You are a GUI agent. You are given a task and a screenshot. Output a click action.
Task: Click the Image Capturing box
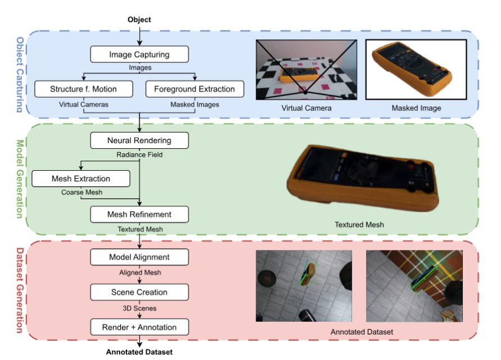point(139,54)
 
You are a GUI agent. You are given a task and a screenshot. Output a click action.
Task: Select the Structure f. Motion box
point(83,89)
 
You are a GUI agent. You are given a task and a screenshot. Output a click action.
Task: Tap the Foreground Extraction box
point(194,89)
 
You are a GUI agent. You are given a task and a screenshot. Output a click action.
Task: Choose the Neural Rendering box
point(139,140)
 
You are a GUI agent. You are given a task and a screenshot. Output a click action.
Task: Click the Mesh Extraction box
point(81,179)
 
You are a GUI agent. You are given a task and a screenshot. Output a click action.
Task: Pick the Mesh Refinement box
point(139,214)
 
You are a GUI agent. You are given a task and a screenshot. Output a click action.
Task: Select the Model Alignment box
point(139,257)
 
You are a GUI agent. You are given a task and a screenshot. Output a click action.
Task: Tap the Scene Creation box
point(139,292)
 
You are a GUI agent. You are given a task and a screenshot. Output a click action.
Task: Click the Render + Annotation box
point(139,327)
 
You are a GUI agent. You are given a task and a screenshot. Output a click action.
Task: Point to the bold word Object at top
point(139,20)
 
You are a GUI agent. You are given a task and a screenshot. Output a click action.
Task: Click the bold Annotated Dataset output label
point(139,352)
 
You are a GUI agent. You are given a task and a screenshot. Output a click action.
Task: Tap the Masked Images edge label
point(194,104)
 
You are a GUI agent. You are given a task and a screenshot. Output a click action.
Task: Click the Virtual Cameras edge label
point(83,104)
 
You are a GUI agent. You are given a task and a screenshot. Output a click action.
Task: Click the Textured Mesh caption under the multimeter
point(359,225)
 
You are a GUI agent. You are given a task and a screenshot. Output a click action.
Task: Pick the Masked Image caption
point(416,108)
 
